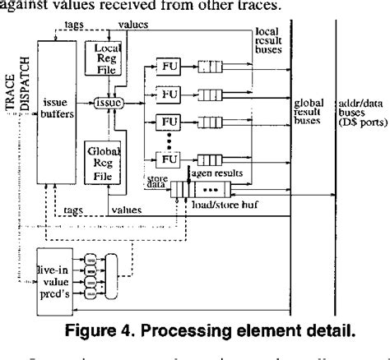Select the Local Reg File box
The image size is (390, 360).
(x=104, y=60)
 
